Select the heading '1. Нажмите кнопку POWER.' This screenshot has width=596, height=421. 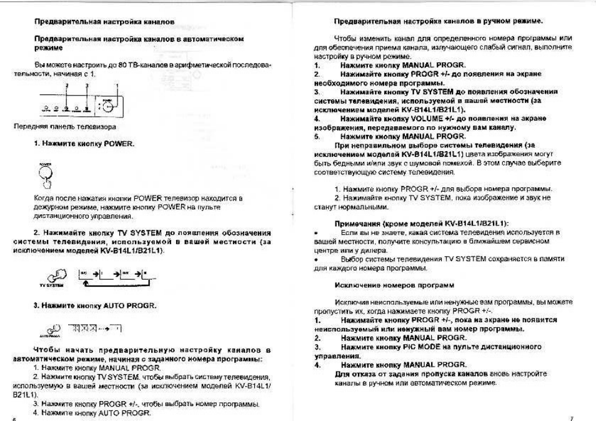[x=84, y=144]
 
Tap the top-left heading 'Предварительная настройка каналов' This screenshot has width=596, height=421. [x=104, y=22]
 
